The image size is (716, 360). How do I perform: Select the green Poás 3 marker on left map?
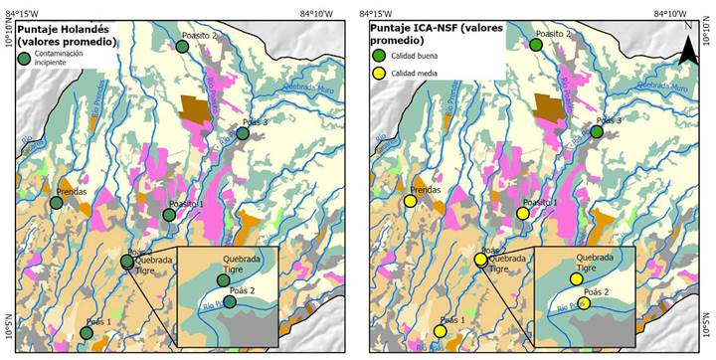(x=243, y=133)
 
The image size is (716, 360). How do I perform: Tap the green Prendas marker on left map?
(x=57, y=203)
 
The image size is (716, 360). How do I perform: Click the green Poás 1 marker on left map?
(x=87, y=333)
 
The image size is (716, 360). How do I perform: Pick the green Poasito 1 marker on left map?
(x=169, y=214)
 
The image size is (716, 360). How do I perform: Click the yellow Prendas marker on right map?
(x=410, y=202)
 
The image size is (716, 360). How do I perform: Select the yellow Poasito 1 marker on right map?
(x=523, y=214)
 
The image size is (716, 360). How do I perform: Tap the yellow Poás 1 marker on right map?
(x=440, y=332)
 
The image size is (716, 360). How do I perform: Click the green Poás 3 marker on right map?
(x=597, y=131)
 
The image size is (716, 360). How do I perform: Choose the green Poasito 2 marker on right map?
(x=536, y=45)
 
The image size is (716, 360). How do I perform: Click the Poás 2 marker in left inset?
(x=230, y=301)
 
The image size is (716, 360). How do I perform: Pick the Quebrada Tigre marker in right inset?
(x=576, y=279)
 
